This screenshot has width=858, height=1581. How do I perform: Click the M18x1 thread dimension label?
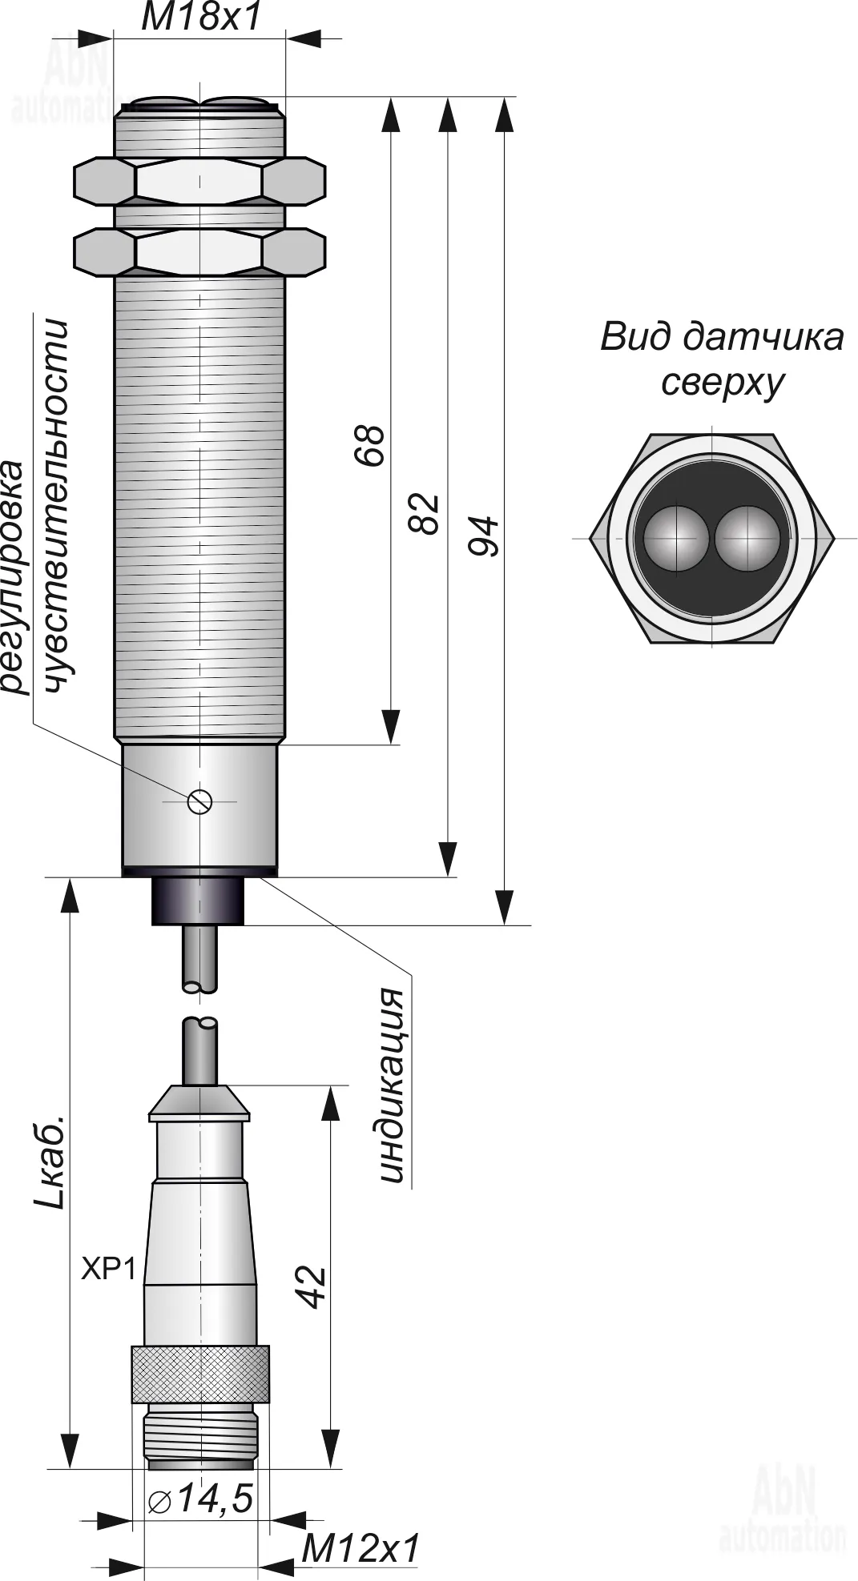pyautogui.click(x=201, y=18)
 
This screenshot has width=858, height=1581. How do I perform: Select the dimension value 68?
pyautogui.click(x=369, y=445)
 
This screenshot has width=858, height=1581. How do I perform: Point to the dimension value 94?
pyautogui.click(x=483, y=536)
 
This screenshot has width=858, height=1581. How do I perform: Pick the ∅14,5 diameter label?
pyautogui.click(x=201, y=1498)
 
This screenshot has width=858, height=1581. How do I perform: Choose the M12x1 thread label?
pyautogui.click(x=361, y=1550)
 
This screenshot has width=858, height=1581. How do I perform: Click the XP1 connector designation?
pyautogui.click(x=109, y=1269)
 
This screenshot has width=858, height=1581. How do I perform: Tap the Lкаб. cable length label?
pyautogui.click(x=50, y=1161)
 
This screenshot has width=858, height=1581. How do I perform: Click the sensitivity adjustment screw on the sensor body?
pyautogui.click(x=199, y=800)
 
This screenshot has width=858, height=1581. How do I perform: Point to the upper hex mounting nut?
pyautogui.click(x=199, y=180)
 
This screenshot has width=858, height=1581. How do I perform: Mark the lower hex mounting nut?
pyautogui.click(x=199, y=251)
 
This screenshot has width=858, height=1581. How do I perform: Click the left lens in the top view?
pyautogui.click(x=677, y=538)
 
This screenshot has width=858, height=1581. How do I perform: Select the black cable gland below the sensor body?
pyautogui.click(x=198, y=901)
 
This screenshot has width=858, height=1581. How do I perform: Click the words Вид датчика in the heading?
pyautogui.click(x=721, y=337)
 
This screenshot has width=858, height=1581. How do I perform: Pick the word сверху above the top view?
pyautogui.click(x=721, y=383)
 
